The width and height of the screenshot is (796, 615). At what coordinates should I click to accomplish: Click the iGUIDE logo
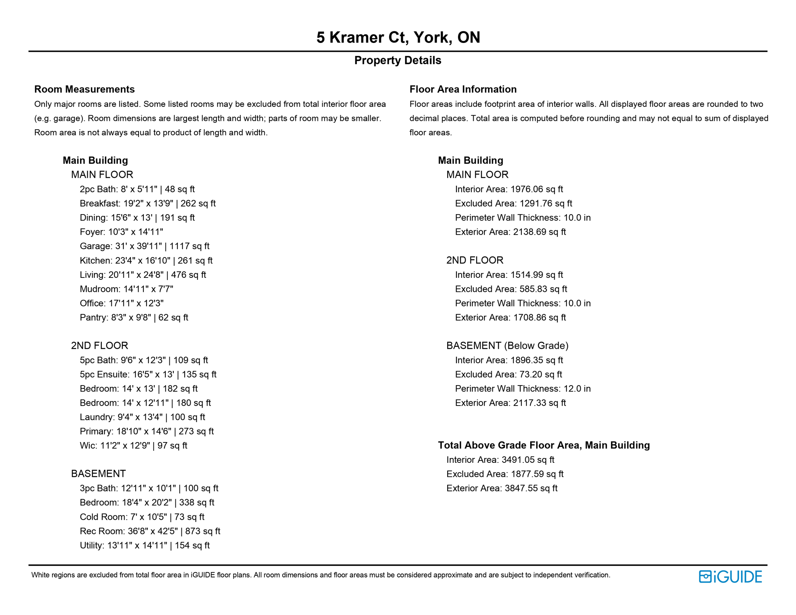730,577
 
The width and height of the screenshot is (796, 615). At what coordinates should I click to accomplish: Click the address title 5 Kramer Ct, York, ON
398,38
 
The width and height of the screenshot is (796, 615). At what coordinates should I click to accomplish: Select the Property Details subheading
398,60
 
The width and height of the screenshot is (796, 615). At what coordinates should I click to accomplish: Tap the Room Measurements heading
84,89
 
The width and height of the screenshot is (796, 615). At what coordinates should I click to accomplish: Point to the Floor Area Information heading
463,89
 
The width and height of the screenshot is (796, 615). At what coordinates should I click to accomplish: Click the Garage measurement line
145,246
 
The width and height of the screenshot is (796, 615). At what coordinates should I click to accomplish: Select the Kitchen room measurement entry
146,261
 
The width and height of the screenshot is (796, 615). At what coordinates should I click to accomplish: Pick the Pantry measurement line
134,318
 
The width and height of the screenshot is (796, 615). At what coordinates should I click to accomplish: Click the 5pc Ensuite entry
148,374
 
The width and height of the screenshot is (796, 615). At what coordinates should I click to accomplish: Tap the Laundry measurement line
142,417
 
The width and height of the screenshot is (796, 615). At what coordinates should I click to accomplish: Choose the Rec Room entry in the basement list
150,531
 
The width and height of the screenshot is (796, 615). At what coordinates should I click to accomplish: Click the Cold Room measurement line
142,517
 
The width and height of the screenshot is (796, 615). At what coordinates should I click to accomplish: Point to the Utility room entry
145,545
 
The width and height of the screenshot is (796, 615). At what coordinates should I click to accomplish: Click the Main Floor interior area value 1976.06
536,189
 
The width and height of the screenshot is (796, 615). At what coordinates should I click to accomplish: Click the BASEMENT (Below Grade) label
507,346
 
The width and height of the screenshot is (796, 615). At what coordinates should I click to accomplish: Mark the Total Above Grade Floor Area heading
544,445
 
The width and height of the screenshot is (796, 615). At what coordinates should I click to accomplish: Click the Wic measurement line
133,446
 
